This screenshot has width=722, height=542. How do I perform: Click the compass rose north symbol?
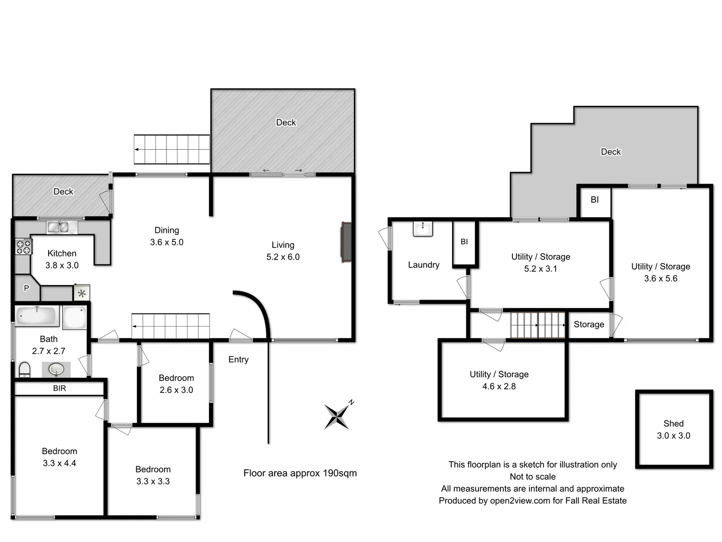click(337, 416)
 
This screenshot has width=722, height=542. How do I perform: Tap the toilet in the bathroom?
click(25, 370)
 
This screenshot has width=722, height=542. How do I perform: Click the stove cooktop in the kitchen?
click(24, 247)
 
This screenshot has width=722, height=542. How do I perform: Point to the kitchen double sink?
click(59, 227)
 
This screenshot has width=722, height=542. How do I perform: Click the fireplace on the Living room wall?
click(346, 242)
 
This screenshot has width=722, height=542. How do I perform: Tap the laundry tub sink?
click(422, 229)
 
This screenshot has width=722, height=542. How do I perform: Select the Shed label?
click(673, 424)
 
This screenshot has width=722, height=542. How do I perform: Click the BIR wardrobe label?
click(59, 388)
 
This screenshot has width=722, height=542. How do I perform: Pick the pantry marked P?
click(26, 289)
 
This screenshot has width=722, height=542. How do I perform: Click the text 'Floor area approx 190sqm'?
click(300, 473)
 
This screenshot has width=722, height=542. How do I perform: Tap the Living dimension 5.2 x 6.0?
click(283, 257)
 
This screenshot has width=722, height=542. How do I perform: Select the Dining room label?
click(166, 230)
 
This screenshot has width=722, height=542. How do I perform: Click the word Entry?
click(238, 359)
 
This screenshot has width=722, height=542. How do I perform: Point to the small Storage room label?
click(589, 325)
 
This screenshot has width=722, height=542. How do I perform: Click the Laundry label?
click(424, 265)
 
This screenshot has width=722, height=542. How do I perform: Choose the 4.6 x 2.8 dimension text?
click(499, 386)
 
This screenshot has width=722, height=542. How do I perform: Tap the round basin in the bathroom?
click(56, 370)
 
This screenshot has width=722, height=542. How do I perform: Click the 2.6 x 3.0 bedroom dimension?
click(176, 390)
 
